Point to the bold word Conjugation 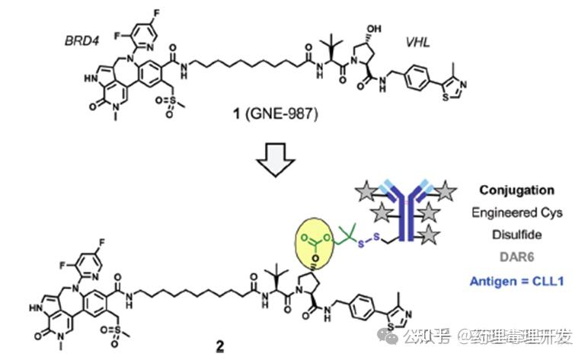pos(522,190)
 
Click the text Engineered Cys pos(522,212)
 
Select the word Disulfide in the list pos(522,234)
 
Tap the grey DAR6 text pos(522,256)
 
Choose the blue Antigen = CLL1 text pos(522,279)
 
